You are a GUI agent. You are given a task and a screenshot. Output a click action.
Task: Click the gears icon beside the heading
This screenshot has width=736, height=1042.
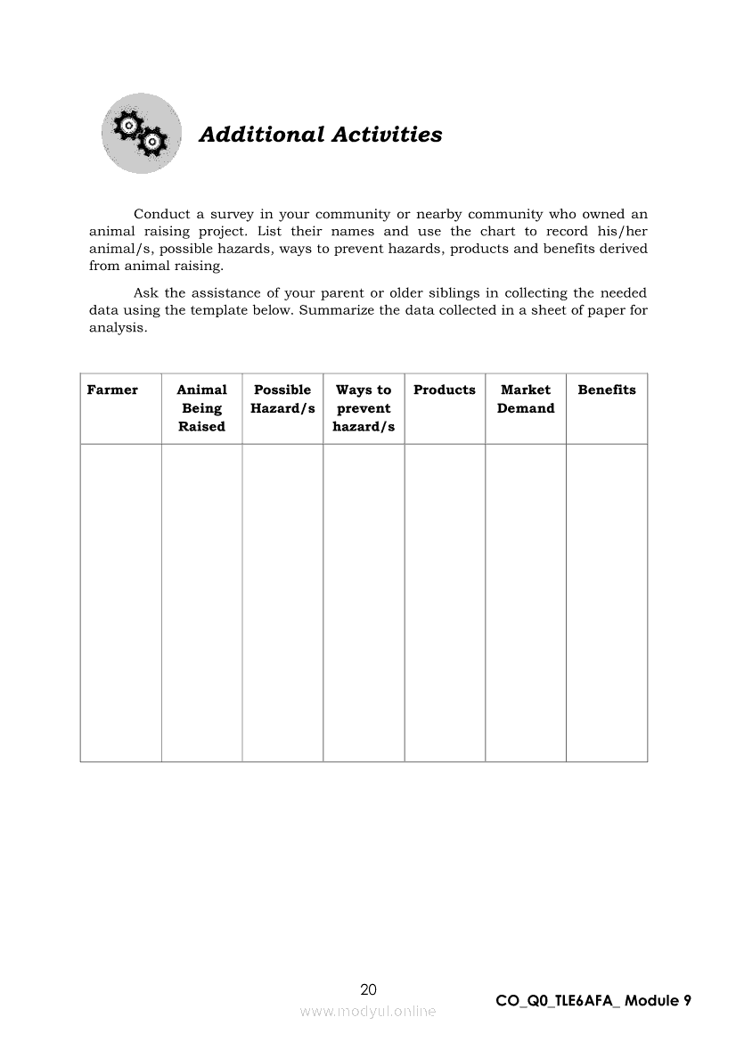[142, 134]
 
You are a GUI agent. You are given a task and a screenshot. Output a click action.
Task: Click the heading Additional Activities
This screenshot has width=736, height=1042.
[320, 135]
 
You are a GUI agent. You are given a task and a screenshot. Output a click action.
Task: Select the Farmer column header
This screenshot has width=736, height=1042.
[112, 390]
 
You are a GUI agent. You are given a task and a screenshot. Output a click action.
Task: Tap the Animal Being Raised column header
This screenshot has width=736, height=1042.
[201, 408]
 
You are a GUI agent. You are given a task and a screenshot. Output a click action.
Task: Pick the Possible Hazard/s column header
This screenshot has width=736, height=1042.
[282, 399]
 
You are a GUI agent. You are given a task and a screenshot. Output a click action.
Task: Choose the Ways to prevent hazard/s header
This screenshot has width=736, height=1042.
[364, 408]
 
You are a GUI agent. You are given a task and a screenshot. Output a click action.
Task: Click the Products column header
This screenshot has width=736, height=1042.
[445, 390]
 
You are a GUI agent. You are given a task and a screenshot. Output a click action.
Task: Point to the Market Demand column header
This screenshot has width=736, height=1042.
[526, 399]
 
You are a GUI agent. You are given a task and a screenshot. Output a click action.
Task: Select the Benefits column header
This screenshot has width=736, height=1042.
[607, 390]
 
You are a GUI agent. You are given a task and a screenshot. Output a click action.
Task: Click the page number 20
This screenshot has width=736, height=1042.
[368, 989]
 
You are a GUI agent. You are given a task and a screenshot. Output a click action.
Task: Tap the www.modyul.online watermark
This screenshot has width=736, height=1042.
[368, 1011]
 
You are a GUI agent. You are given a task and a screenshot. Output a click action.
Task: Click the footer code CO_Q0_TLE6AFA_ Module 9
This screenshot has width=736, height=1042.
[593, 1000]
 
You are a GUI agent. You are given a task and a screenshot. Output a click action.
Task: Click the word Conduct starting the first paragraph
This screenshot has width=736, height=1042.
[161, 214]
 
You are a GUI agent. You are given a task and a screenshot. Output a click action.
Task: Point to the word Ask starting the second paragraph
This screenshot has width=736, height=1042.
[147, 292]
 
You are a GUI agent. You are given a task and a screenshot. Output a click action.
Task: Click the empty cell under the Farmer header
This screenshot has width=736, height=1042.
[120, 603]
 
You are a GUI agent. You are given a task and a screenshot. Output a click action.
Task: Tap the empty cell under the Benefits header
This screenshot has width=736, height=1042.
[607, 603]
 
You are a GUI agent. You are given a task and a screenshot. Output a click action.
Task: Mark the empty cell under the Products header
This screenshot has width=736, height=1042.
[445, 603]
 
